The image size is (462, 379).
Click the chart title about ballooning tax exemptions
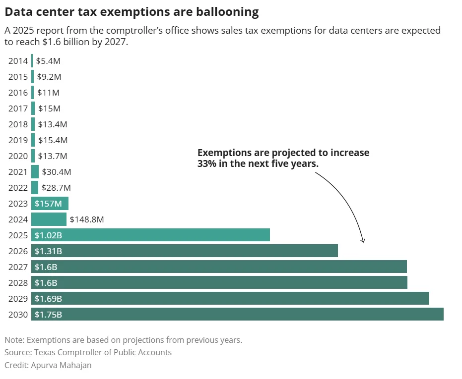(132, 11)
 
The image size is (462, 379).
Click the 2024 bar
(49, 219)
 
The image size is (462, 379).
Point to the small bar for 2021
(35, 172)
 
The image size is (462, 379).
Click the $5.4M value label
(48, 61)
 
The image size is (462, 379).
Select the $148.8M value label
(86, 219)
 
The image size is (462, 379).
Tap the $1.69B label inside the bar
(48, 299)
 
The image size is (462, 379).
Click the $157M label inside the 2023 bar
(48, 204)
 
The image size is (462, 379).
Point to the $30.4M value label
(57, 172)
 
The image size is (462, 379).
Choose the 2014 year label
(18, 61)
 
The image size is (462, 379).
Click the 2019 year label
(18, 140)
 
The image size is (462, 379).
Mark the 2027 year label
(18, 267)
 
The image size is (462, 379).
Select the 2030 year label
(18, 315)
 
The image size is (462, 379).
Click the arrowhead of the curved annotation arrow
(363, 241)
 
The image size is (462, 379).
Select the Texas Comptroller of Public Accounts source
(103, 352)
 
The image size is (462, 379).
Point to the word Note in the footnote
(13, 340)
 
